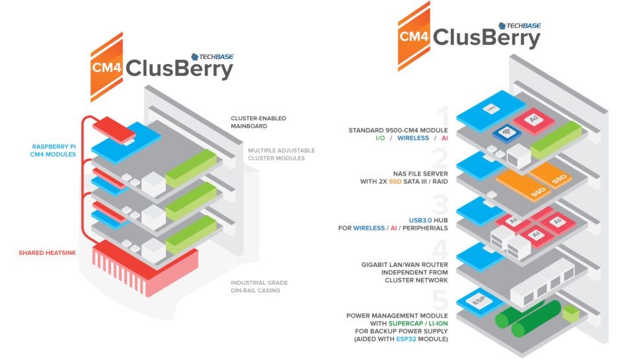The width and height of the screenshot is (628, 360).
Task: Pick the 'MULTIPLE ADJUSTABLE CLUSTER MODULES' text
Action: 282,155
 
